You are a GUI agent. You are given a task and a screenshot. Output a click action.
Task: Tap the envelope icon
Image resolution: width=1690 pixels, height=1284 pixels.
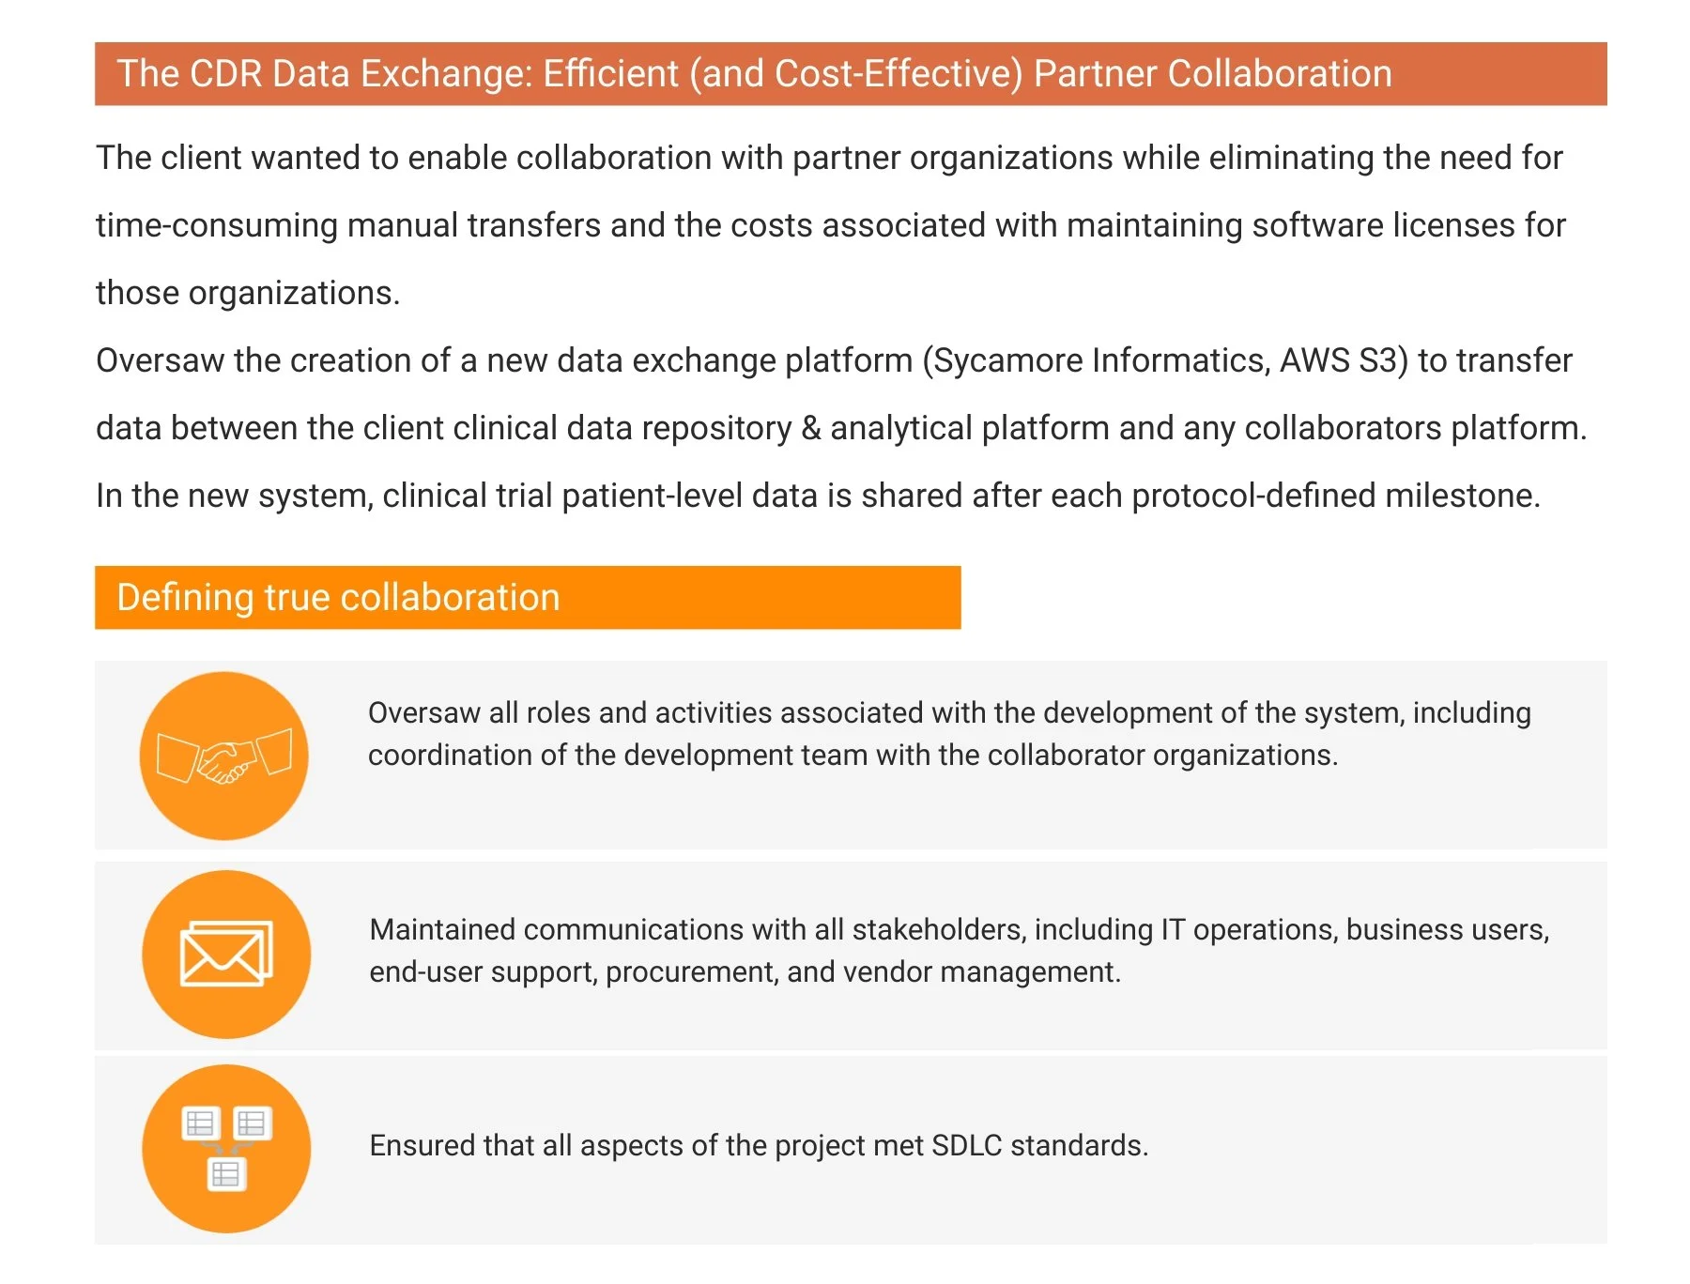pyautogui.click(x=226, y=954)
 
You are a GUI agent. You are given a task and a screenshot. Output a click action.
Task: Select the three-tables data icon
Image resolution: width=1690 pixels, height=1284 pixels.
pyautogui.click(x=226, y=1148)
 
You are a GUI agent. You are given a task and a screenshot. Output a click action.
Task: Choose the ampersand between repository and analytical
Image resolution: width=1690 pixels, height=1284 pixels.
pyautogui.click(x=810, y=429)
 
